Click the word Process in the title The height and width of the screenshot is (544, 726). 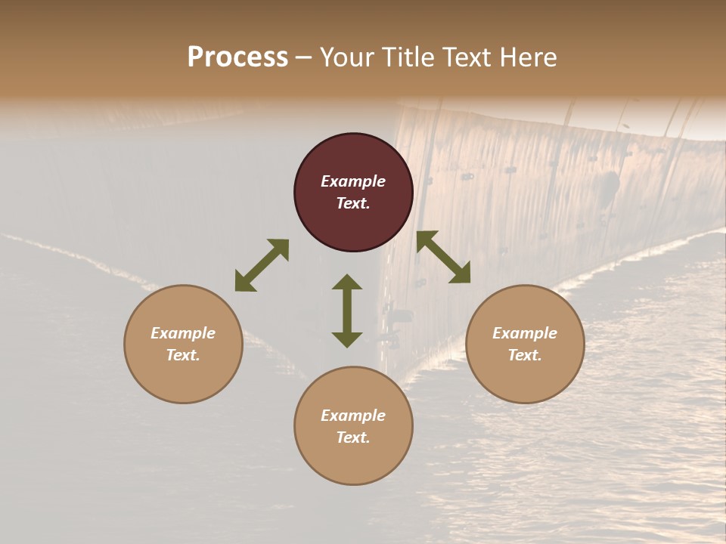point(237,57)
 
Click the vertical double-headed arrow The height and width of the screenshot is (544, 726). point(347,311)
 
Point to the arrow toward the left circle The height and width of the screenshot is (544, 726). point(262,265)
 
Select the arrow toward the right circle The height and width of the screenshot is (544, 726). point(444,257)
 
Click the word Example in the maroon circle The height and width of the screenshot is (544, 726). point(353,181)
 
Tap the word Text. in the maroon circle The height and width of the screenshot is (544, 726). point(353,203)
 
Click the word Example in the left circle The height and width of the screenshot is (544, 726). point(183,333)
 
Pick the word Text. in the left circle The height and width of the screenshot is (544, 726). point(183,355)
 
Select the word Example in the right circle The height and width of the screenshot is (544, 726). point(525,333)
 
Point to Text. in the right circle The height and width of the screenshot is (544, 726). point(525,355)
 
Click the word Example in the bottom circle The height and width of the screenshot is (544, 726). point(353,416)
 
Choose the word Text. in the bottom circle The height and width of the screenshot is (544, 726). point(353,437)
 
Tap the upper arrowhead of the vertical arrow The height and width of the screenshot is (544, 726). point(347,282)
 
